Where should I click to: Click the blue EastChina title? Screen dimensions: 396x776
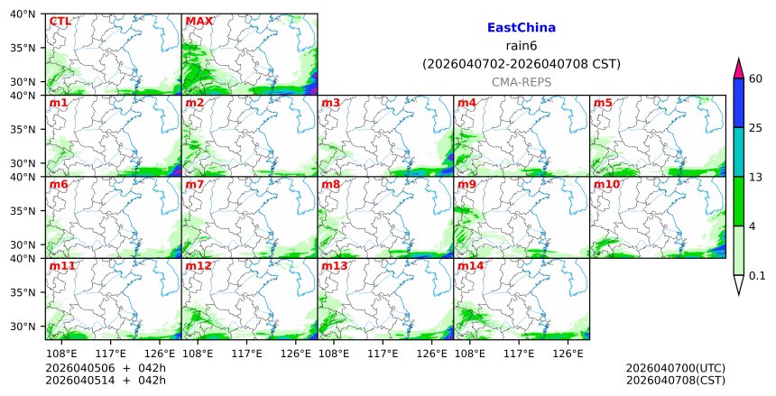pos(521,28)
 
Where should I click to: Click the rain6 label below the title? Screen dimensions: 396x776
pos(521,46)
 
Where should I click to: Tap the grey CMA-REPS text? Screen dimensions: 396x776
pos(521,82)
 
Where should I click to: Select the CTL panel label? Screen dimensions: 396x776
pos(60,22)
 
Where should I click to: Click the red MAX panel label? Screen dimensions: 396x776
pos(199,22)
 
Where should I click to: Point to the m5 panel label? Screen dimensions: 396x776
pos(603,104)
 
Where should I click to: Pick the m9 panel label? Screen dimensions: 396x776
pos(467,185)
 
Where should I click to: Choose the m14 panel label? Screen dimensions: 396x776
pos(470,267)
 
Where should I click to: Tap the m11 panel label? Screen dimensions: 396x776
pos(61,267)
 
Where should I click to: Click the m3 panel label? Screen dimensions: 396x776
pos(330,104)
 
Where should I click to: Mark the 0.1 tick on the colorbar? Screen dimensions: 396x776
pos(757,276)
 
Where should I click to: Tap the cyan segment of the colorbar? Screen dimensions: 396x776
pos(739,152)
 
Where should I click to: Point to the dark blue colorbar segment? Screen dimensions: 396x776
pos(739,103)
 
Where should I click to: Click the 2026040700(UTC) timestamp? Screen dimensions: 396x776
pos(675,369)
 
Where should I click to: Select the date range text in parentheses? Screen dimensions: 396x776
pos(521,64)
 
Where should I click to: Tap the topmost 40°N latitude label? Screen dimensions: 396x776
pos(23,14)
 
